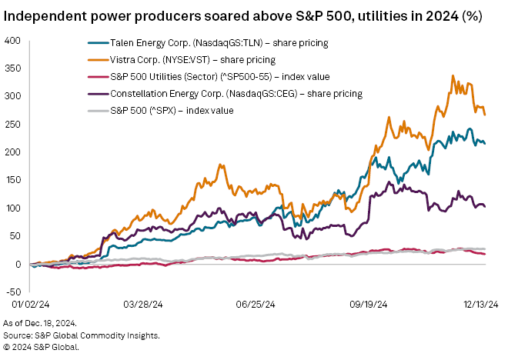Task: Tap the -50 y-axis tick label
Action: click(15, 292)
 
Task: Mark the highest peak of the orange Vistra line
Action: click(453, 75)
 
